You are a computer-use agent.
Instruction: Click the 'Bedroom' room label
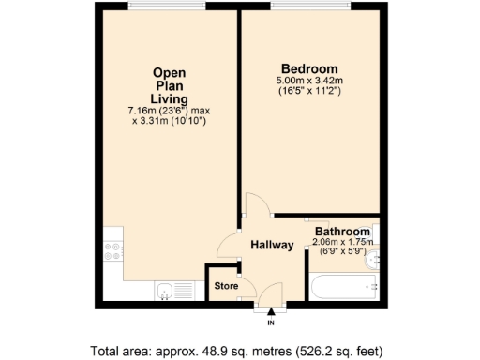coord(309,69)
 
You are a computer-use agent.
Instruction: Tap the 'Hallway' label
coord(272,246)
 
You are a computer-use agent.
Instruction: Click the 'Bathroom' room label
coord(342,231)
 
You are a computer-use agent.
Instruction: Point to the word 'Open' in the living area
coord(170,72)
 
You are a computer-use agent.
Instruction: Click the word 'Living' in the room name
coord(170,98)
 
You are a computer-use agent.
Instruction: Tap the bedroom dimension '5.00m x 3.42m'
coord(309,82)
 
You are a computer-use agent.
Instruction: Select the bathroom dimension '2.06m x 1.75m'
coord(343,242)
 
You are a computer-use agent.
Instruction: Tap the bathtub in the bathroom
coord(343,286)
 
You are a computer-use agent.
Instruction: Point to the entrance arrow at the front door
coord(272,313)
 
